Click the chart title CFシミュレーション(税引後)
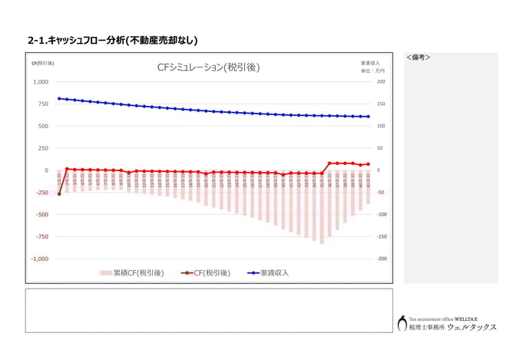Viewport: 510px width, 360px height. pos(208,68)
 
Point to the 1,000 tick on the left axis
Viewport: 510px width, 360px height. pos(40,82)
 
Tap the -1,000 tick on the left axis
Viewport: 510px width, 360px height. pos(39,259)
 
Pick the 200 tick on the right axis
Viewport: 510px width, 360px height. pos(381,82)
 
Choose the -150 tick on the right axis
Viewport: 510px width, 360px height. pos(382,237)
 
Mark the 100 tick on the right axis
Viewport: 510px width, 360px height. pos(381,126)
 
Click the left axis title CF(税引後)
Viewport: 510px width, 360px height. pos(42,63)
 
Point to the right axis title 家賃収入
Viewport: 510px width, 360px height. pos(370,62)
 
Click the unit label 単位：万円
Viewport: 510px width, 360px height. pos(373,71)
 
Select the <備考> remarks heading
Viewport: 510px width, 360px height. pos(418,58)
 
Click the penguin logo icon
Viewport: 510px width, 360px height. pos(402,323)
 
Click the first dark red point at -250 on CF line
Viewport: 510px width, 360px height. pos(59,193)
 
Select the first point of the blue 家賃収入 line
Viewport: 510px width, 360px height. pos(59,98)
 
